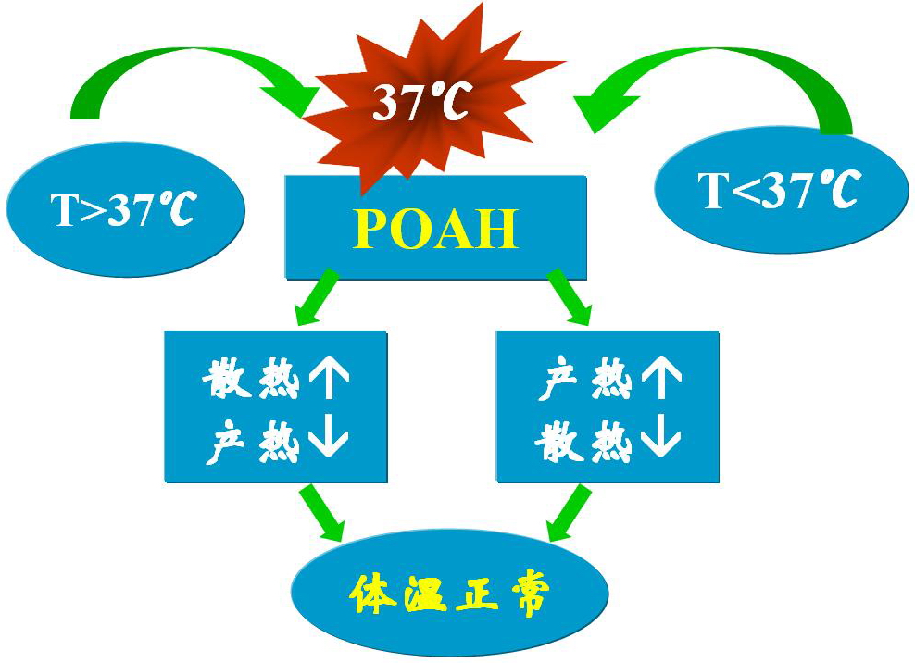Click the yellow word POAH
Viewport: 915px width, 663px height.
pyautogui.click(x=435, y=229)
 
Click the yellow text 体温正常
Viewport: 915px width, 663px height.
pyautogui.click(x=449, y=594)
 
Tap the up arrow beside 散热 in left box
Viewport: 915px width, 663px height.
pyautogui.click(x=327, y=380)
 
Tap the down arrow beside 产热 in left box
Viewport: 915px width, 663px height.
pyautogui.click(x=327, y=442)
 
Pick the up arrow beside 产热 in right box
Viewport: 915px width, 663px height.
pyautogui.click(x=659, y=380)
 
